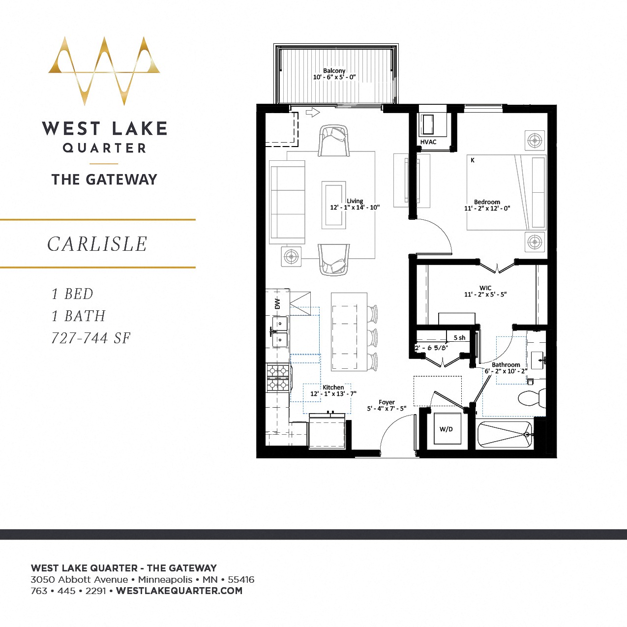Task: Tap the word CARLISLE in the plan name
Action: click(97, 244)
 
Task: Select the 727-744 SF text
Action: click(91, 338)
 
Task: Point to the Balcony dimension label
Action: click(334, 77)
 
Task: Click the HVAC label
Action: click(428, 142)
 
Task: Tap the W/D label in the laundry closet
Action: click(446, 429)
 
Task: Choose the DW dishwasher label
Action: click(277, 303)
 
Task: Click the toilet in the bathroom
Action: click(531, 397)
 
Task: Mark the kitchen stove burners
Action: click(277, 378)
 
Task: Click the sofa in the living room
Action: click(287, 202)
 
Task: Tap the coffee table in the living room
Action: click(333, 205)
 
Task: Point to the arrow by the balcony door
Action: click(313, 113)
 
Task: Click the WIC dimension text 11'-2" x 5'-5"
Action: click(485, 295)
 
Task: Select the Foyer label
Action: click(387, 402)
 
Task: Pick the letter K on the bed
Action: click(473, 160)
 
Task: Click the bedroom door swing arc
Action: click(440, 231)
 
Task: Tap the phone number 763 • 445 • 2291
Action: click(68, 591)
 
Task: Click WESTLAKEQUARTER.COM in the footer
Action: click(179, 591)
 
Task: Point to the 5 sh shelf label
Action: click(459, 338)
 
